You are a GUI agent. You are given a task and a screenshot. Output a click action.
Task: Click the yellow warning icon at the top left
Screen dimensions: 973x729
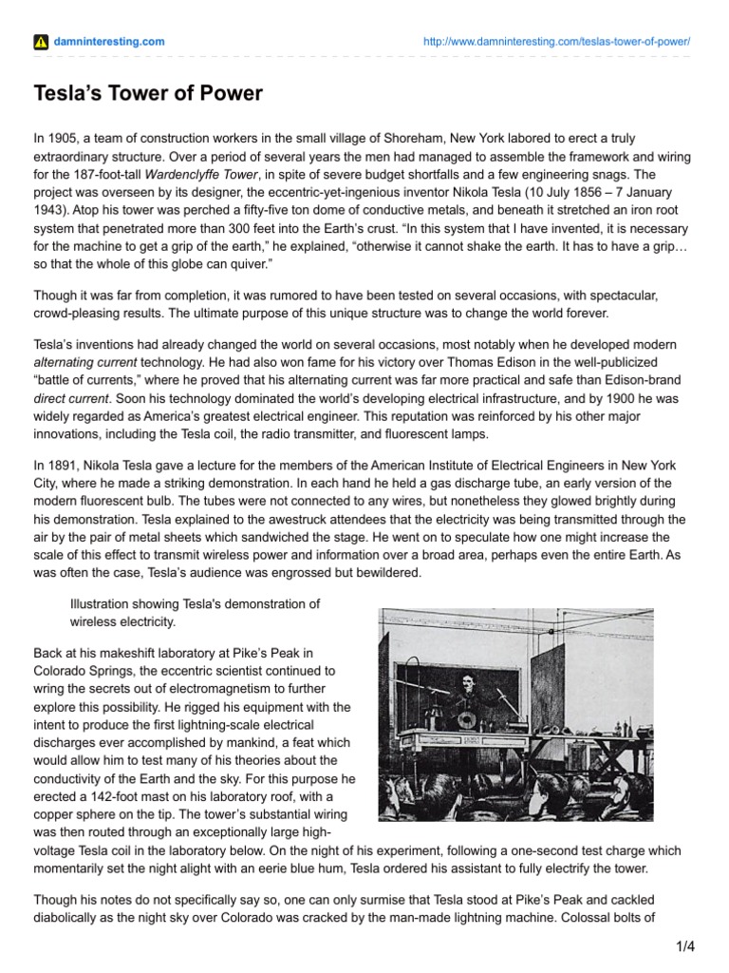click(40, 42)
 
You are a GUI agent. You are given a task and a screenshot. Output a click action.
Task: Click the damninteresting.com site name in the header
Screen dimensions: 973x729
click(108, 42)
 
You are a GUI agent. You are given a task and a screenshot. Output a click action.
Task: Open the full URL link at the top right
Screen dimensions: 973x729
click(554, 43)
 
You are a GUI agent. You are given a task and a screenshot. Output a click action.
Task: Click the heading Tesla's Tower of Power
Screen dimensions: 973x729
click(148, 93)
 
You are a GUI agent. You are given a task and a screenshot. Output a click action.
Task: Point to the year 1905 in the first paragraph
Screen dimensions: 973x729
click(61, 139)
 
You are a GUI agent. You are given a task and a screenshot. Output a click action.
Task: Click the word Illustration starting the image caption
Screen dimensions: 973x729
click(102, 603)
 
